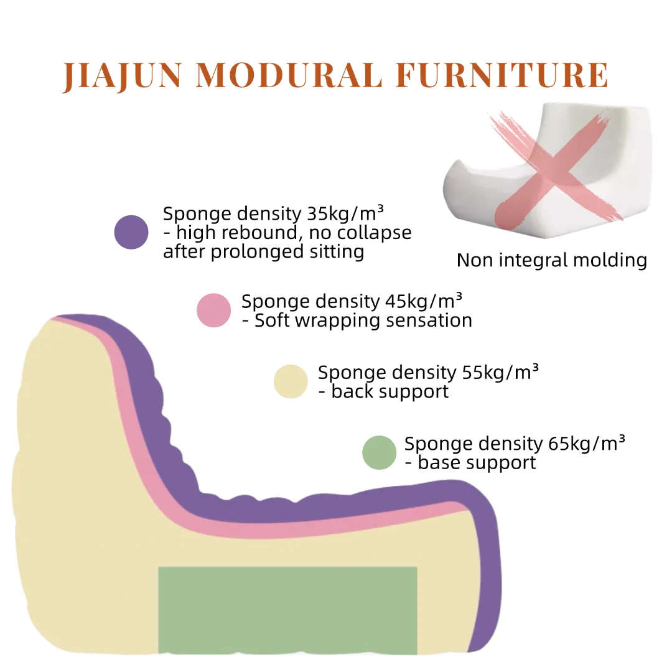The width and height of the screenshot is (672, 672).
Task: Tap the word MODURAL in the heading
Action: tap(289, 75)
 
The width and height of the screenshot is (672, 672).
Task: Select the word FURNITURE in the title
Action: tap(502, 75)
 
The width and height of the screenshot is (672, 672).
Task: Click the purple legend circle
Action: tap(131, 232)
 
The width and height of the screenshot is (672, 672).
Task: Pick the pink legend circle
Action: tap(213, 310)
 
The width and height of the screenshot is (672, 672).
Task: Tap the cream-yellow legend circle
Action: tap(291, 381)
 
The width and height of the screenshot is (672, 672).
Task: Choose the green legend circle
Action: tap(379, 452)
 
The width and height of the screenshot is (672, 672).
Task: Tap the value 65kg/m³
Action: tap(587, 444)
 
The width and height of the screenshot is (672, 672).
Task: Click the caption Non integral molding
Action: tap(552, 260)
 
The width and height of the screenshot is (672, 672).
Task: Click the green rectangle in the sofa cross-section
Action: tap(287, 610)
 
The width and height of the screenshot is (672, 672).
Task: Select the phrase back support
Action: tap(390, 392)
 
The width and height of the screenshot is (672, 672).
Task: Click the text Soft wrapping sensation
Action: tap(363, 320)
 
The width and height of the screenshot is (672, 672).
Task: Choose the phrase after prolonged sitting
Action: tap(263, 252)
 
